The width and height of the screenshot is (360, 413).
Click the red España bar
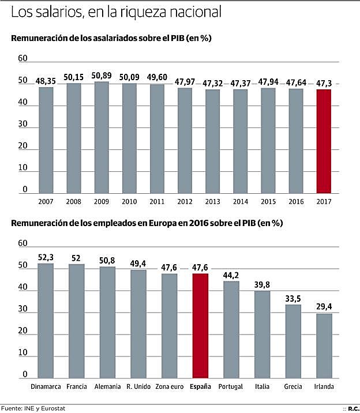pyautogui.click(x=201, y=326)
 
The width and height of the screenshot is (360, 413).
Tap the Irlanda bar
pyautogui.click(x=324, y=346)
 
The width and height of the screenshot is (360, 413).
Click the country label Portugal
pyautogui.click(x=231, y=386)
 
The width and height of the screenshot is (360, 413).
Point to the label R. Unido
pyautogui.click(x=138, y=386)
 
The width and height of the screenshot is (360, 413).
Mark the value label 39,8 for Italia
pyautogui.click(x=262, y=285)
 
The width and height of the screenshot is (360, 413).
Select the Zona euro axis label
pyautogui.click(x=170, y=386)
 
